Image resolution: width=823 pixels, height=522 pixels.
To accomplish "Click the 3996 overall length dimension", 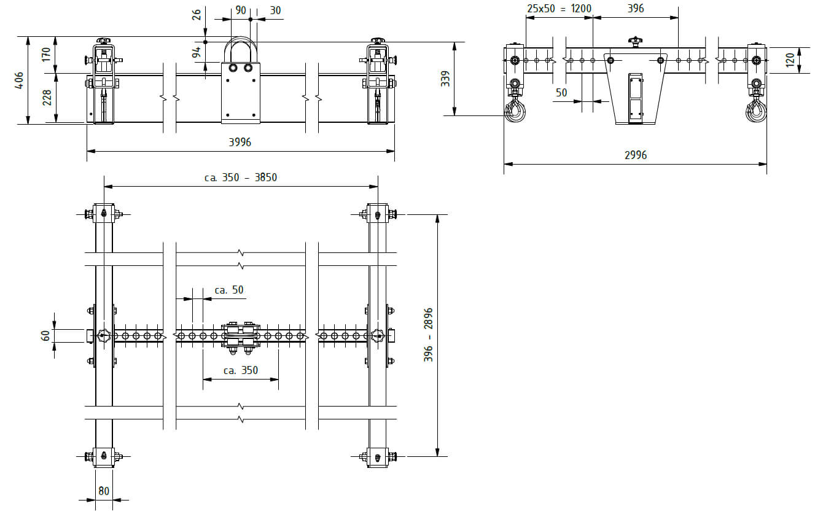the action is click(240, 142).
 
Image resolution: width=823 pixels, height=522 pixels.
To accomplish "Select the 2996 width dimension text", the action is click(636, 155).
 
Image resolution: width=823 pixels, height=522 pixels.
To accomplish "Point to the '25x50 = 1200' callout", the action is click(559, 9).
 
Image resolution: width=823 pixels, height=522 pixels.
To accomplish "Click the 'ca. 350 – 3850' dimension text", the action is click(241, 177).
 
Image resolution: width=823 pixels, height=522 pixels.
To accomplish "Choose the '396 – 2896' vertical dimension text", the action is click(428, 335).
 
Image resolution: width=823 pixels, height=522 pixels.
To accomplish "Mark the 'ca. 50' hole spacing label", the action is click(229, 290).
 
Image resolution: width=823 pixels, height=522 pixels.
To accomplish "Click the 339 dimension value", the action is click(445, 79).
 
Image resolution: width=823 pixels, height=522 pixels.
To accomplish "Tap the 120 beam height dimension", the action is click(790, 60).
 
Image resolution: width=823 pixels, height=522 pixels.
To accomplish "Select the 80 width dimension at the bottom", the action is click(104, 491).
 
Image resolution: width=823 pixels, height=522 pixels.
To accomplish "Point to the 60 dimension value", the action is click(45, 336).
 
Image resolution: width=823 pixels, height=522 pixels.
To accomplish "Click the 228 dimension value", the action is click(47, 98).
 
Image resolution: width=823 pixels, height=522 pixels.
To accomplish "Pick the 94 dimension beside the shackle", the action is click(197, 52).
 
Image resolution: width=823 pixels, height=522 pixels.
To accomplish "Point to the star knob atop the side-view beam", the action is click(634, 42).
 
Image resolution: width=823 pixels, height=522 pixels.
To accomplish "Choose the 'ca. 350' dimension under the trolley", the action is click(241, 370).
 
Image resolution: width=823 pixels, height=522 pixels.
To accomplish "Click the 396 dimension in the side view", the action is click(636, 9).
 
